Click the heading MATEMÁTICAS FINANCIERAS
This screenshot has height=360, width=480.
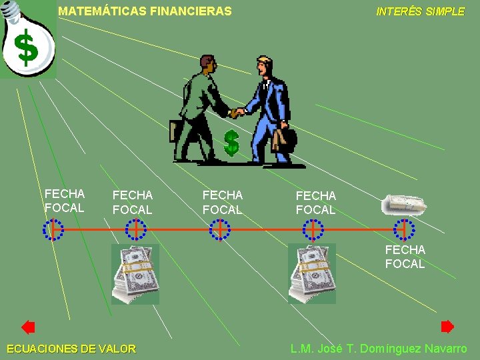[x=145, y=11]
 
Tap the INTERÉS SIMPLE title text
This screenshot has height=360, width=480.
[x=420, y=11]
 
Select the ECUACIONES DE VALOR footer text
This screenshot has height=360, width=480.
[x=71, y=349]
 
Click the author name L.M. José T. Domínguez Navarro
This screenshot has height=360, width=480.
[x=379, y=349]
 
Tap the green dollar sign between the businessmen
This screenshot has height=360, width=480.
[x=231, y=143]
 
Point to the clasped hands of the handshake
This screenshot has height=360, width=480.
[x=237, y=112]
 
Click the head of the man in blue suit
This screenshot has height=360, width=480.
[x=265, y=67]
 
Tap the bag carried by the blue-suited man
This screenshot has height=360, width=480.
[x=284, y=139]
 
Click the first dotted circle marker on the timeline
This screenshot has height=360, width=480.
[x=53, y=229]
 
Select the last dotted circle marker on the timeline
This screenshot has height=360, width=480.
[x=404, y=229]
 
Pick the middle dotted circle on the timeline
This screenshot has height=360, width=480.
[x=219, y=229]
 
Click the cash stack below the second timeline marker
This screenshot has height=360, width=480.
[x=135, y=273]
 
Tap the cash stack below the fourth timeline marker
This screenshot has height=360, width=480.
[x=311, y=273]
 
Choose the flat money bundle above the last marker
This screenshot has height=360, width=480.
[x=403, y=205]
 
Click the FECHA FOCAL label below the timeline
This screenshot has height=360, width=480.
[x=405, y=257]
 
